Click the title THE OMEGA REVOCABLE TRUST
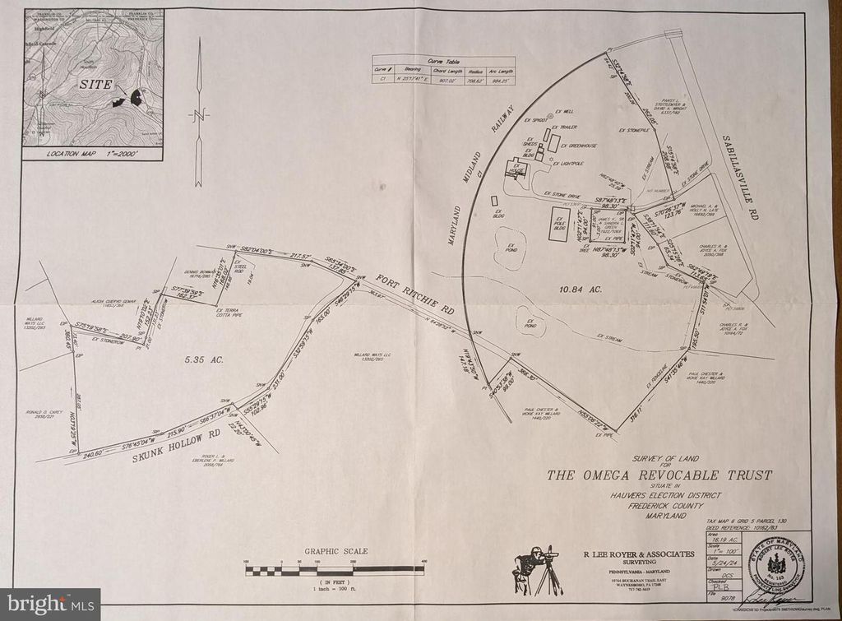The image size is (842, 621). pyautogui.click(x=660, y=475)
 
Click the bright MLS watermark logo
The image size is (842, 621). pyautogui.click(x=49, y=604)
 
